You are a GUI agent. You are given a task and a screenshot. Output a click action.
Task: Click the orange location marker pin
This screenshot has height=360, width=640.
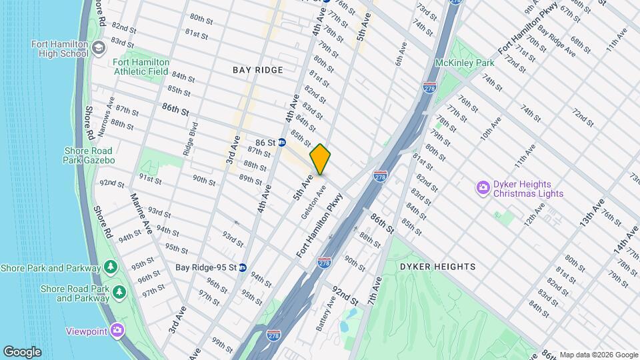point(320,159)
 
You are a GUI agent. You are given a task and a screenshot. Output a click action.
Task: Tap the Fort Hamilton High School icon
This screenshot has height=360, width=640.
point(98,49)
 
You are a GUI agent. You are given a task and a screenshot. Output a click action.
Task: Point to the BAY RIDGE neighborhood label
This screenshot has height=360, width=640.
point(258,70)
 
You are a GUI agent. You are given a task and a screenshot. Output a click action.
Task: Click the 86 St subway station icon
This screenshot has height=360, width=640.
point(282,142)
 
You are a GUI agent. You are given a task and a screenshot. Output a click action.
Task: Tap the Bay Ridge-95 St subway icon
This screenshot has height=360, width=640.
point(243,267)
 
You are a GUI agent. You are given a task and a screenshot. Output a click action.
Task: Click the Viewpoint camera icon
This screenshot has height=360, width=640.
point(117,329)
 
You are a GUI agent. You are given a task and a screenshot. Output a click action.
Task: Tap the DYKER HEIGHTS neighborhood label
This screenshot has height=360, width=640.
point(437,267)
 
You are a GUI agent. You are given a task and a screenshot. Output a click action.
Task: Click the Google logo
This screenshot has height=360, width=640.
point(22,351)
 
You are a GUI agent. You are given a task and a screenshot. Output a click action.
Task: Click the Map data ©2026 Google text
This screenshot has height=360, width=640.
point(598,355)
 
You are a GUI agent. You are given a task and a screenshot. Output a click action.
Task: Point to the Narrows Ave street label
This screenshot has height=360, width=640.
point(103,121)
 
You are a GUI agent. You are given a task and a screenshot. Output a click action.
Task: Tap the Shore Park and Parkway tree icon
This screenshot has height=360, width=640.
point(111,268)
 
